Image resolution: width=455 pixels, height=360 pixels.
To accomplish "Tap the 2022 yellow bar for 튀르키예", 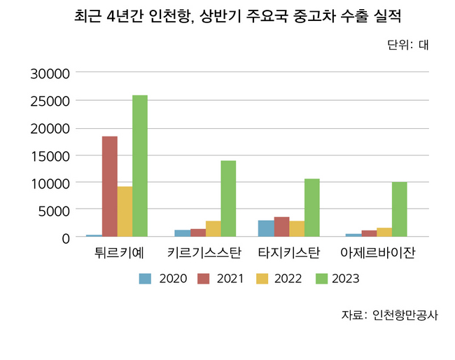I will pos(125,212).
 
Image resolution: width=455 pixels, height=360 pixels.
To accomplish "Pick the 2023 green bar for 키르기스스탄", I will pos(228,199).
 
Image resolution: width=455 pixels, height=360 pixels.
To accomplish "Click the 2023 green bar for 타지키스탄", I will pos(311,208).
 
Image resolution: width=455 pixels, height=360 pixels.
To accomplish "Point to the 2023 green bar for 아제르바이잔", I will pos(399,209).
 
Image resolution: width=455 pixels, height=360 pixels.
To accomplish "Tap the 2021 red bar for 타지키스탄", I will pos(281,227).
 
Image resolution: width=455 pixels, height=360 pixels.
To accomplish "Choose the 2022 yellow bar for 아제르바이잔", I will pos(384,233).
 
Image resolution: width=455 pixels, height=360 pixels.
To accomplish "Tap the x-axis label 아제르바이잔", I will pos(377,253).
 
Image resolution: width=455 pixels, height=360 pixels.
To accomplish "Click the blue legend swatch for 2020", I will pos(145,279).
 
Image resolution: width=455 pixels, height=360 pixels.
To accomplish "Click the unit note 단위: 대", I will pos(407,46).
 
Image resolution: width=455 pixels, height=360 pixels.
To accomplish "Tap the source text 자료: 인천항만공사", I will pos(389,314).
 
